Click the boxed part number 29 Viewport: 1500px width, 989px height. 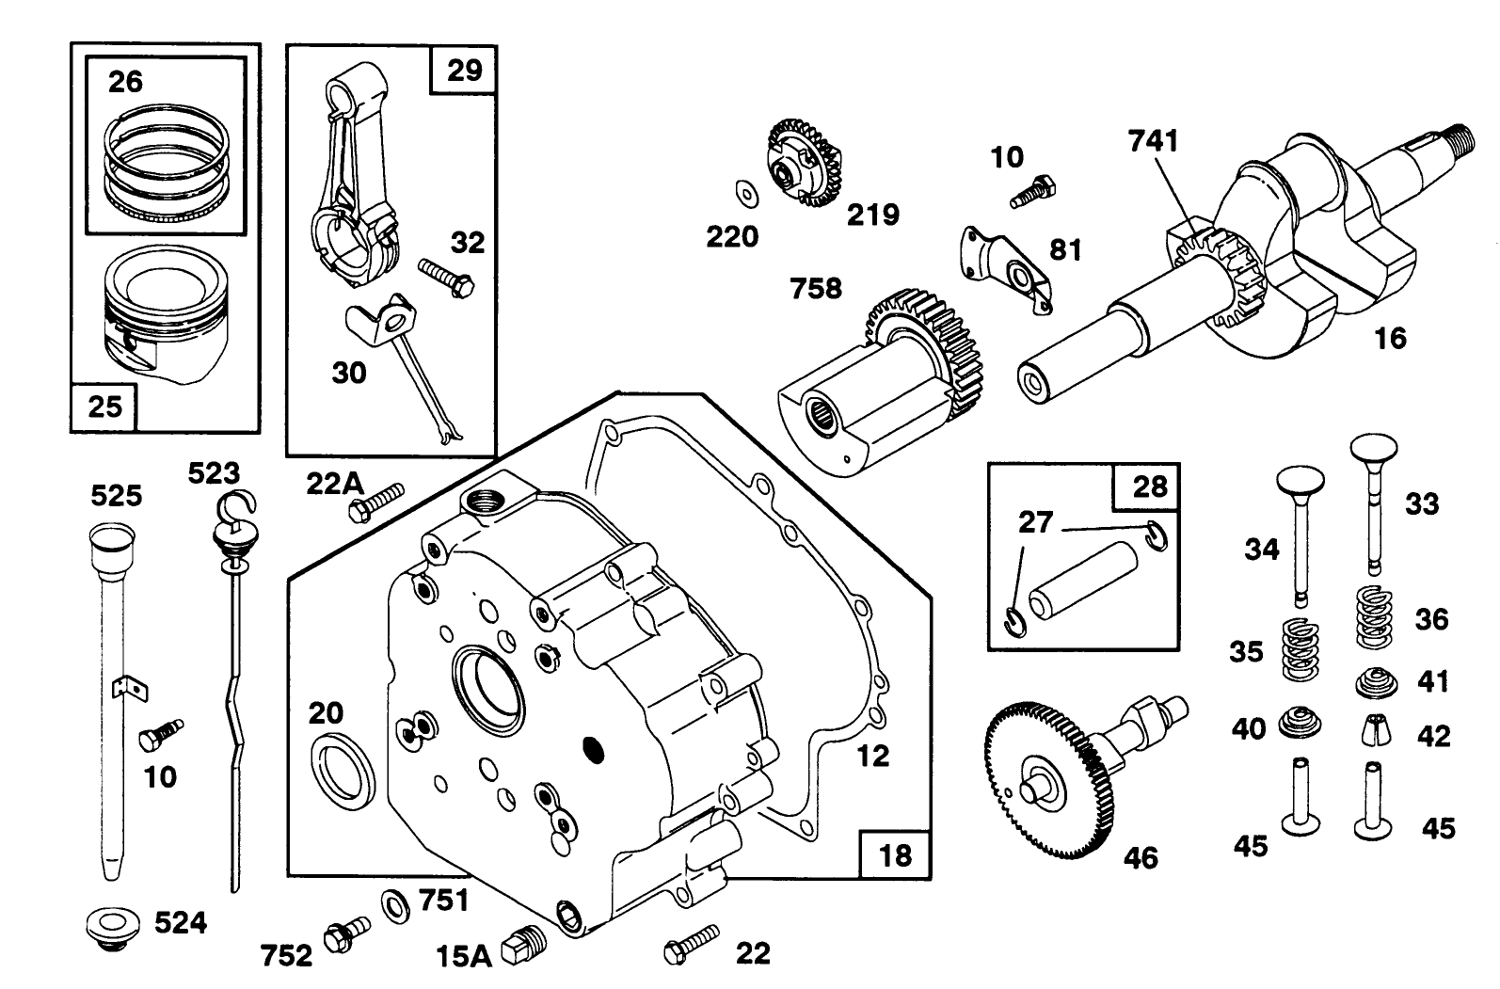point(464,70)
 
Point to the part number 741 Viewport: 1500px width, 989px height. point(1153,141)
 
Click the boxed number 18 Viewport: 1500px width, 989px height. point(894,854)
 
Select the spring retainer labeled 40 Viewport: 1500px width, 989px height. point(1300,724)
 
